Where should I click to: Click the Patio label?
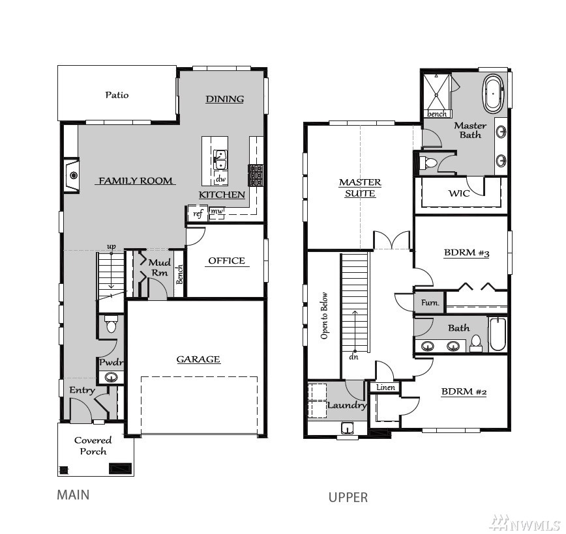click(117, 95)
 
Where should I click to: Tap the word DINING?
click(224, 99)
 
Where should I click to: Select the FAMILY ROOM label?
click(136, 180)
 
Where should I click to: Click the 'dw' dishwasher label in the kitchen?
click(220, 178)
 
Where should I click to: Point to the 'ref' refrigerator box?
click(198, 214)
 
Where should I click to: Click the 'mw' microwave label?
click(216, 211)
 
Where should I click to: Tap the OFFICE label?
click(226, 260)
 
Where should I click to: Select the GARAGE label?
click(198, 359)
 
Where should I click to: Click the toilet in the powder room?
click(111, 324)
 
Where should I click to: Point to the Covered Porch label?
click(93, 445)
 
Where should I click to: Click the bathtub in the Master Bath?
click(493, 94)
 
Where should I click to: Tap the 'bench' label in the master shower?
click(437, 114)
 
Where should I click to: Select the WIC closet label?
click(459, 193)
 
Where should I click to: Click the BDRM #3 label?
click(466, 253)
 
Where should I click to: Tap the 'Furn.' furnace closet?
click(430, 302)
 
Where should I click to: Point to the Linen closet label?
click(385, 387)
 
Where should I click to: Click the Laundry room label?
click(347, 405)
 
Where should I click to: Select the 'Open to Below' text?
click(324, 316)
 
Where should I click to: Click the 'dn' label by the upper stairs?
click(353, 357)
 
